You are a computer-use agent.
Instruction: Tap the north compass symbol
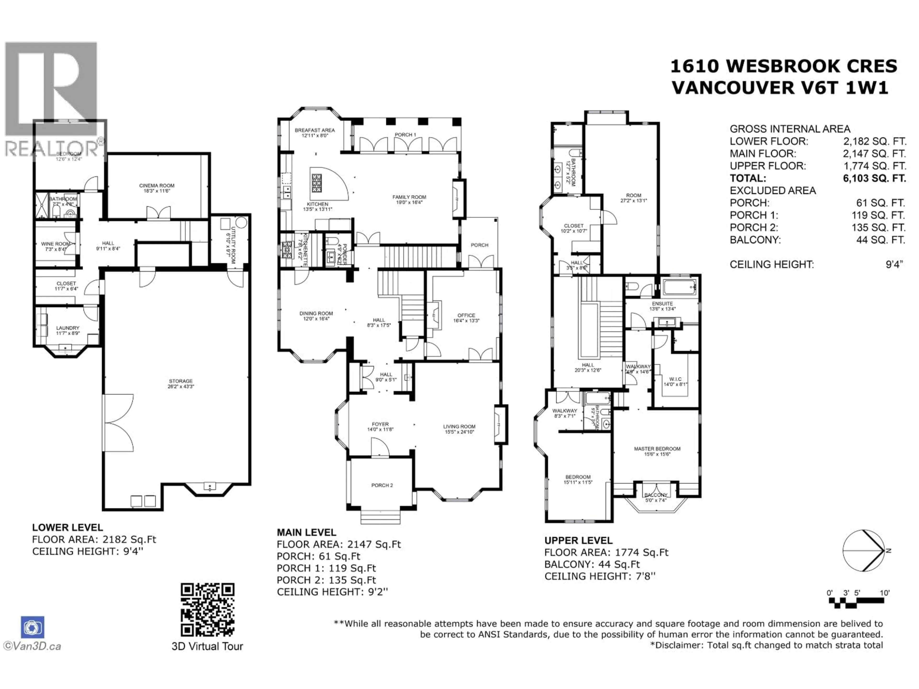point(863,551)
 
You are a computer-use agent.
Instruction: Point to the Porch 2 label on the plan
point(382,485)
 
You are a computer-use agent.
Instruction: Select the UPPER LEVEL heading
point(578,540)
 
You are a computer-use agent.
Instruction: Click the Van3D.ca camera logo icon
point(32,627)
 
